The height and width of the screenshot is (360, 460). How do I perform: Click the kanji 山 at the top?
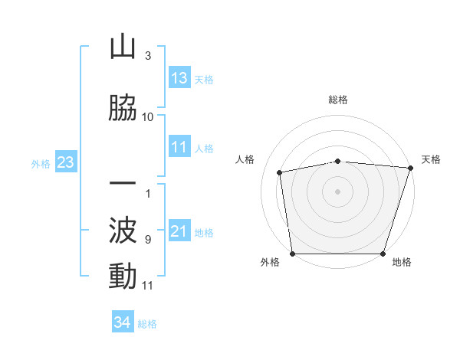(x=123, y=47)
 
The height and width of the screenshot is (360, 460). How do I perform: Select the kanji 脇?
(x=123, y=108)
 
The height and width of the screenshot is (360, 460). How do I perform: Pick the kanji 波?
(x=123, y=231)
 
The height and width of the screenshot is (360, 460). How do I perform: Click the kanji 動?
(x=123, y=277)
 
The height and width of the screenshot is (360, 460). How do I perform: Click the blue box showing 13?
(x=179, y=78)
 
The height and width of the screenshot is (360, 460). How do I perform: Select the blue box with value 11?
(x=179, y=148)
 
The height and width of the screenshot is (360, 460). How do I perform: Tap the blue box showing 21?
(x=179, y=232)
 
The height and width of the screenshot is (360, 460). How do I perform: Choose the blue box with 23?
(x=64, y=163)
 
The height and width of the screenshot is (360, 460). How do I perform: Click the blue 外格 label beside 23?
(x=41, y=164)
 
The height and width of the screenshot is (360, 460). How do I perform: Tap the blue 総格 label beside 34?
(x=147, y=324)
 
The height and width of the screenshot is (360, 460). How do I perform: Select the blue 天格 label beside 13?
(x=204, y=79)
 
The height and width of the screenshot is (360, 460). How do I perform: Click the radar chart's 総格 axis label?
(x=338, y=100)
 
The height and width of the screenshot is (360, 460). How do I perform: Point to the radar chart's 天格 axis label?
(x=432, y=159)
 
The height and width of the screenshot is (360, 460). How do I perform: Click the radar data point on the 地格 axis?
(x=384, y=254)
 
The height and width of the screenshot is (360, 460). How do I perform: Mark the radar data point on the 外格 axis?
(x=292, y=254)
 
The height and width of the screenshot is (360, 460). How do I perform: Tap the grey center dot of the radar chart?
(x=338, y=191)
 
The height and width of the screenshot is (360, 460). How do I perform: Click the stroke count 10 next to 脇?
(x=148, y=116)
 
